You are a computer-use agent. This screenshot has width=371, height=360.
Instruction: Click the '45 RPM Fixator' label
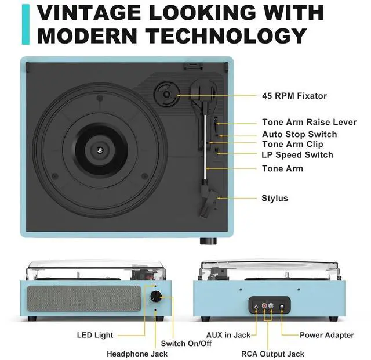(294, 96)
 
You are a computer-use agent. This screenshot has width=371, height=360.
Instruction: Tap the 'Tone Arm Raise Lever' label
(309, 123)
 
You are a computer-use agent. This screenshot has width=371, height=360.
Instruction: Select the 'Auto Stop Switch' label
(299, 134)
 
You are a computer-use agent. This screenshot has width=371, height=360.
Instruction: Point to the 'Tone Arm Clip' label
(293, 144)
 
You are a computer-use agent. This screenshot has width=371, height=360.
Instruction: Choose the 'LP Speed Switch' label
(297, 155)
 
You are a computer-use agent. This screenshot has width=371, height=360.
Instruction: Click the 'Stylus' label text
(275, 199)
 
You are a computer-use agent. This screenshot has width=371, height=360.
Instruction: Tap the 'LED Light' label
(95, 335)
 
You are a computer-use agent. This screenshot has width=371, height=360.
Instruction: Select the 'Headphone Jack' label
(137, 354)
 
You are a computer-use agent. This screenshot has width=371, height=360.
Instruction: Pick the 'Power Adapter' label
(326, 335)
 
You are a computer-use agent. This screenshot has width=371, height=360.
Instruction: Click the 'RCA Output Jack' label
(272, 354)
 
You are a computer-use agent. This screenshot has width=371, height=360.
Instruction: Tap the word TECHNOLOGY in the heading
(226, 35)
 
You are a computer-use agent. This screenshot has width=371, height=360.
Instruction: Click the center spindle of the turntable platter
(100, 153)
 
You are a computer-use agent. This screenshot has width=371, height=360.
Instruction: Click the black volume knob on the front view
(155, 297)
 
